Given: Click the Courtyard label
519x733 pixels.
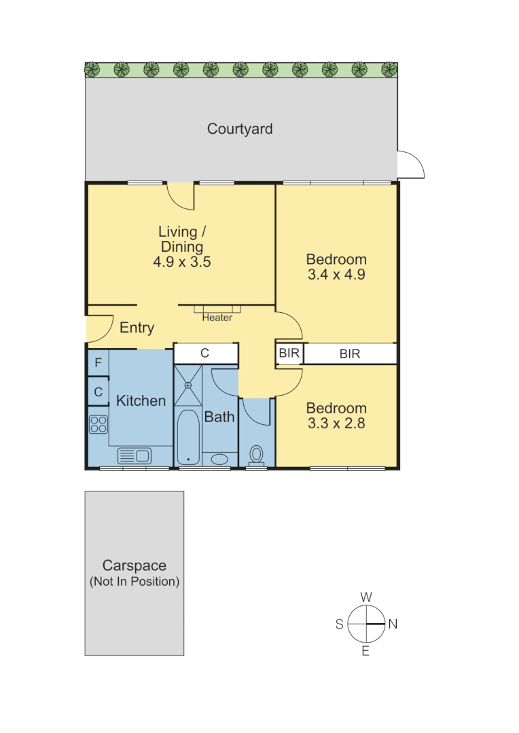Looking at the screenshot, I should tap(240, 129).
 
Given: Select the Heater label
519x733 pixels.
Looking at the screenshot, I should tap(217, 318).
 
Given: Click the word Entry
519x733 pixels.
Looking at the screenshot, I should tap(137, 328).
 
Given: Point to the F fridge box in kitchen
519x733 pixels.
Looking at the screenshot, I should tap(98, 363).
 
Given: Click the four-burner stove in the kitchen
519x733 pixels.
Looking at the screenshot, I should tap(99, 424).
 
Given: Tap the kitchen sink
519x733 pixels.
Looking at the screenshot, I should tap(135, 455).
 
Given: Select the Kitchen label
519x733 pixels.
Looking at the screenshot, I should tap(141, 400).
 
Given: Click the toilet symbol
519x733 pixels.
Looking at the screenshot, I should tap(257, 454).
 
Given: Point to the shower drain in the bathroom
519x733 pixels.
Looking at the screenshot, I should tap(188, 385).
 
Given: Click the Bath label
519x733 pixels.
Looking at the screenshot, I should tap(219, 417).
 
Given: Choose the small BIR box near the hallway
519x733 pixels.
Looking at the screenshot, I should tap(289, 354).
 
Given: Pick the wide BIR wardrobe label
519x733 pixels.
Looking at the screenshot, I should tap(350, 354).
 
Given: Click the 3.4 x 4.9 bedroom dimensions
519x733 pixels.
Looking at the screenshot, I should tap(336, 275).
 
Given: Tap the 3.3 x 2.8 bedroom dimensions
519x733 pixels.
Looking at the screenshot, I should tap(336, 424).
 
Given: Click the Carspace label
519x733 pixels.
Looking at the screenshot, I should tap(135, 565).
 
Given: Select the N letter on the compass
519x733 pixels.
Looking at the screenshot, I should tap(393, 624).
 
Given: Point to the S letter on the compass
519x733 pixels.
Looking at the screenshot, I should tap(339, 624).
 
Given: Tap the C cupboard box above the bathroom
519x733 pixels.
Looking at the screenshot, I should tap(204, 353).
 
